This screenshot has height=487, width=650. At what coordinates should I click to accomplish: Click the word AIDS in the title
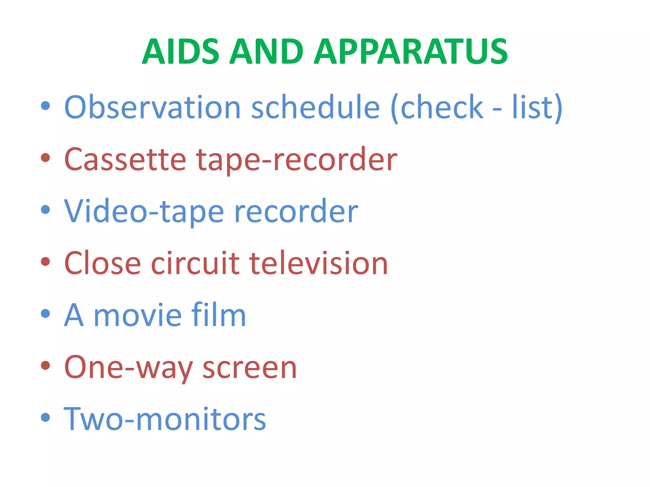(x=180, y=51)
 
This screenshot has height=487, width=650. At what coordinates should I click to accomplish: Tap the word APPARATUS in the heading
(x=411, y=51)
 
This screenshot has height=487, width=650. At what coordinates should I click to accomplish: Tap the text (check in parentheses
(x=437, y=108)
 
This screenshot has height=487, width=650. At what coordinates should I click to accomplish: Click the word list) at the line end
(x=537, y=108)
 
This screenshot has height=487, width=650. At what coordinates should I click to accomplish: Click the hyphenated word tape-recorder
(x=296, y=160)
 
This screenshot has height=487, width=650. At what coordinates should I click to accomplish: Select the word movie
(x=138, y=315)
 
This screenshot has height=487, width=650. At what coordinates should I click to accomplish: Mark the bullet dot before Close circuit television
(x=46, y=262)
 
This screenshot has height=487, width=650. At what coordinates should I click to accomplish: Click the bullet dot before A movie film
(x=46, y=314)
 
